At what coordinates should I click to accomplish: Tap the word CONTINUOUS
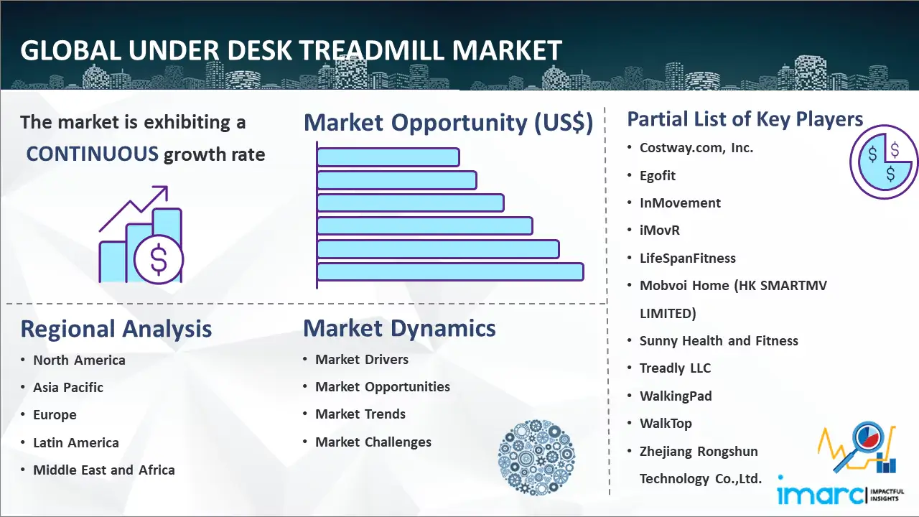tap(93, 154)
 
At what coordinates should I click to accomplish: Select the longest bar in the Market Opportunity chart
tap(450, 272)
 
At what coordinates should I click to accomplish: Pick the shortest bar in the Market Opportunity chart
tap(388, 157)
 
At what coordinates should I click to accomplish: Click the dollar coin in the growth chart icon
tap(159, 259)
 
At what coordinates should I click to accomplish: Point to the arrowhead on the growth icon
tap(162, 192)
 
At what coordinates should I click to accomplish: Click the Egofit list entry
tap(657, 176)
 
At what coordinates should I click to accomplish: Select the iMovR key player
tap(660, 230)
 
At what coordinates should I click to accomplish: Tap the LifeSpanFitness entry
tap(688, 258)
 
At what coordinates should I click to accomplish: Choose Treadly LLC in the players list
tap(676, 368)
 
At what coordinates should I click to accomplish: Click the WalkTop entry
tap(666, 423)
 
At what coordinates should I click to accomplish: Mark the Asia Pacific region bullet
tap(68, 387)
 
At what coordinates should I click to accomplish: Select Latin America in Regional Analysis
tap(76, 443)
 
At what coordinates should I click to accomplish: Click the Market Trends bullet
tap(360, 414)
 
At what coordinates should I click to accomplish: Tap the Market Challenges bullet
tap(373, 442)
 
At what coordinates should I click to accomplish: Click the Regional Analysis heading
tap(116, 329)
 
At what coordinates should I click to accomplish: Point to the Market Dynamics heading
tap(399, 328)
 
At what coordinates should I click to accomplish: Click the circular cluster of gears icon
tap(536, 457)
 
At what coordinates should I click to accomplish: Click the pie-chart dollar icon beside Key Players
tap(884, 162)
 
